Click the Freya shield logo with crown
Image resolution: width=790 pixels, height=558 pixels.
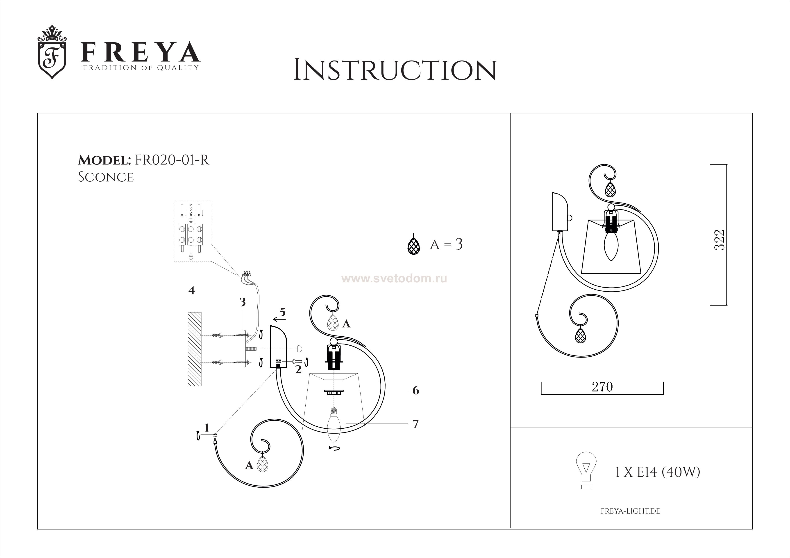pyautogui.click(x=52, y=52)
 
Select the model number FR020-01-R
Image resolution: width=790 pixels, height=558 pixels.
pyautogui.click(x=172, y=160)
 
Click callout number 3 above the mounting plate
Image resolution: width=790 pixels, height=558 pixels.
pyautogui.click(x=243, y=302)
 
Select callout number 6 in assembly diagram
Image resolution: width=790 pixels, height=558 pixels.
pyautogui.click(x=416, y=391)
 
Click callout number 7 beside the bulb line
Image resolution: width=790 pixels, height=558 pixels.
pyautogui.click(x=416, y=424)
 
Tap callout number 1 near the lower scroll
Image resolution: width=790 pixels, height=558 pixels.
pyautogui.click(x=207, y=428)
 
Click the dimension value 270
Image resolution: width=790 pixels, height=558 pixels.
pyautogui.click(x=602, y=387)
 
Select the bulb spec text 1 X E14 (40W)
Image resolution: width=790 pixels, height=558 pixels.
pyautogui.click(x=657, y=473)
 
